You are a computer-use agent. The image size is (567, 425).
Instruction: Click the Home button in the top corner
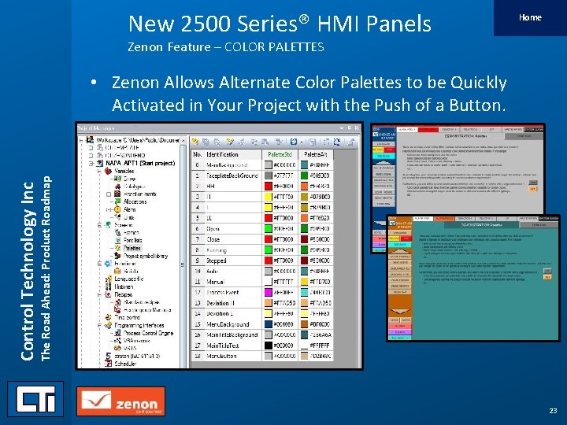529,17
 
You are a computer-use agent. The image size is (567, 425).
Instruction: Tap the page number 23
552,411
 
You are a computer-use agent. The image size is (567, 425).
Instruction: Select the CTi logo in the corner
35,398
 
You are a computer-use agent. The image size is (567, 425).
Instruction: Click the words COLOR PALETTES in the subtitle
275,47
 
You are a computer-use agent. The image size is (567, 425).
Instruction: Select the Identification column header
222,155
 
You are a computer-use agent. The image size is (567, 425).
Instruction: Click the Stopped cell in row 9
217,261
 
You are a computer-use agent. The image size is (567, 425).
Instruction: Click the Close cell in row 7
213,239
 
